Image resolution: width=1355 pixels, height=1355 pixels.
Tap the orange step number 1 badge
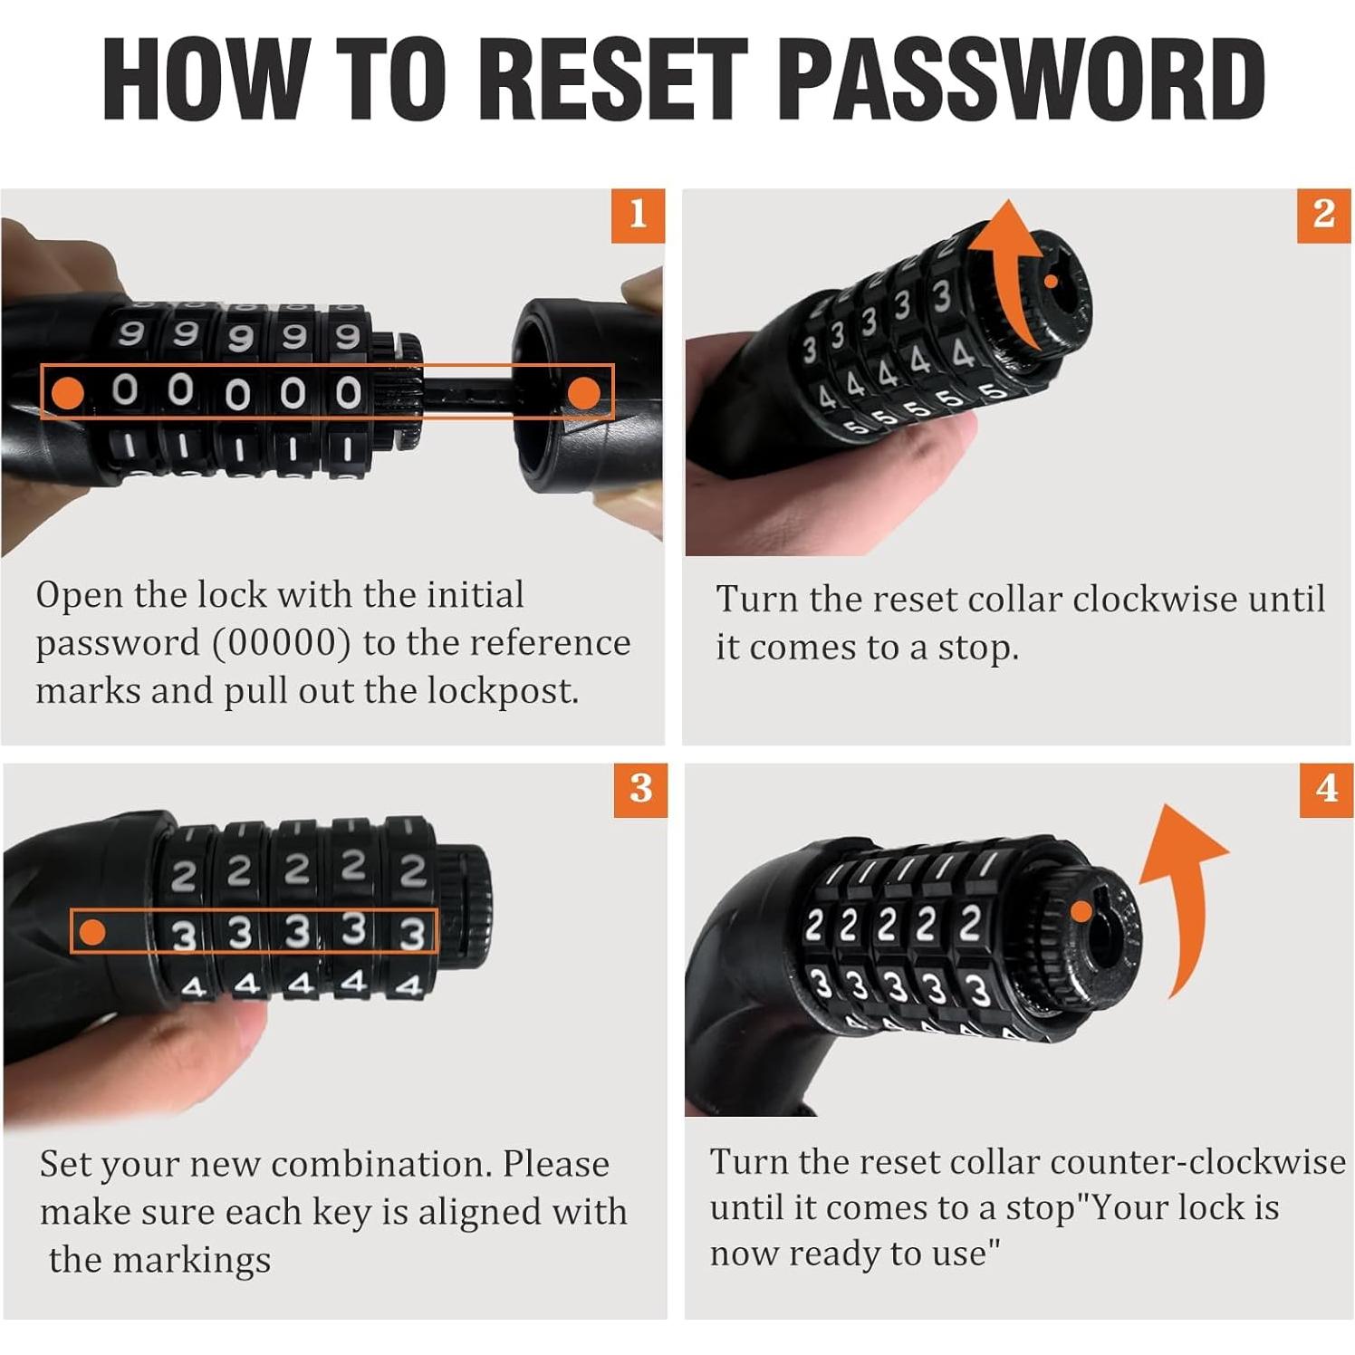638,215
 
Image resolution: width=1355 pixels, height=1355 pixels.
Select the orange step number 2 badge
1323,215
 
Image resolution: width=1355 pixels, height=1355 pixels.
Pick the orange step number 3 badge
640,790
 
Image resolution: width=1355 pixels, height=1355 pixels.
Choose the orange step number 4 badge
1326,790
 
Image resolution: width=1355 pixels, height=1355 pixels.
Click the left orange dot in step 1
68,392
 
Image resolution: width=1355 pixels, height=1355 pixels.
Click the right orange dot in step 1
584,392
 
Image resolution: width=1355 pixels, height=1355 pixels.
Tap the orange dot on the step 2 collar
1051,282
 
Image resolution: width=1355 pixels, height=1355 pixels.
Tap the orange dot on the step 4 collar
1081,911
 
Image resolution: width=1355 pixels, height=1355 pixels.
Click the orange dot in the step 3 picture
92,931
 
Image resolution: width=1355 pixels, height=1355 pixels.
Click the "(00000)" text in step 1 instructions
281,643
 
